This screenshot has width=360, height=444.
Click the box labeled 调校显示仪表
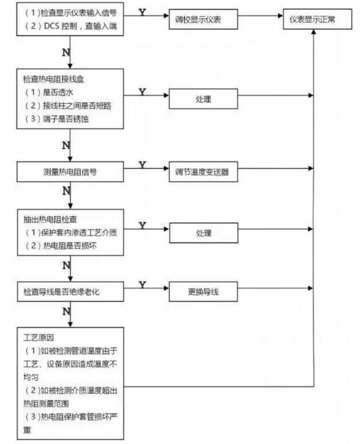tap(203, 19)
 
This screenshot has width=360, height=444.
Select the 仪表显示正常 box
tap(317, 19)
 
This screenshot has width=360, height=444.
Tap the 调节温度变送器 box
tap(203, 172)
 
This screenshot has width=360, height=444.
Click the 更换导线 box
tap(203, 291)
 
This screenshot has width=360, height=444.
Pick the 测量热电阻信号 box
tap(70, 172)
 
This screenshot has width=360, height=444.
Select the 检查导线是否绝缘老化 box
tap(70, 291)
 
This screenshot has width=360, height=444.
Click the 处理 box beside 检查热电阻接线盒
tap(203, 99)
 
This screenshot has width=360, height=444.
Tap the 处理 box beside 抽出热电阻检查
tap(204, 233)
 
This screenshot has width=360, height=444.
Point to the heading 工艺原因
tap(39, 337)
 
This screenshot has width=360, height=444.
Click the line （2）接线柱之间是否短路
tap(69, 105)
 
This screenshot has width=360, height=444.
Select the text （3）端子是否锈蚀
tap(57, 119)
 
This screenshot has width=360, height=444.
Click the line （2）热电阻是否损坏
tap(61, 246)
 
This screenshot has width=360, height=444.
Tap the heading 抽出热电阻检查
tap(50, 219)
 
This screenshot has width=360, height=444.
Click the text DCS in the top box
tap(51, 26)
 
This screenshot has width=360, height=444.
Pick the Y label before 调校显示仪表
tap(142, 12)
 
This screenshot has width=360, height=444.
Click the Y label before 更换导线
tap(142, 284)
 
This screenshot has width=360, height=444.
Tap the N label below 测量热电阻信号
tap(67, 191)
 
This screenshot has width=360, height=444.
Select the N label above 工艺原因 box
tap(67, 312)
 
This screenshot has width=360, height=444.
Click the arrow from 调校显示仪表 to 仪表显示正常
tap(260, 16)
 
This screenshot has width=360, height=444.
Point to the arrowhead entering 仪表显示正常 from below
tap(313, 32)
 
